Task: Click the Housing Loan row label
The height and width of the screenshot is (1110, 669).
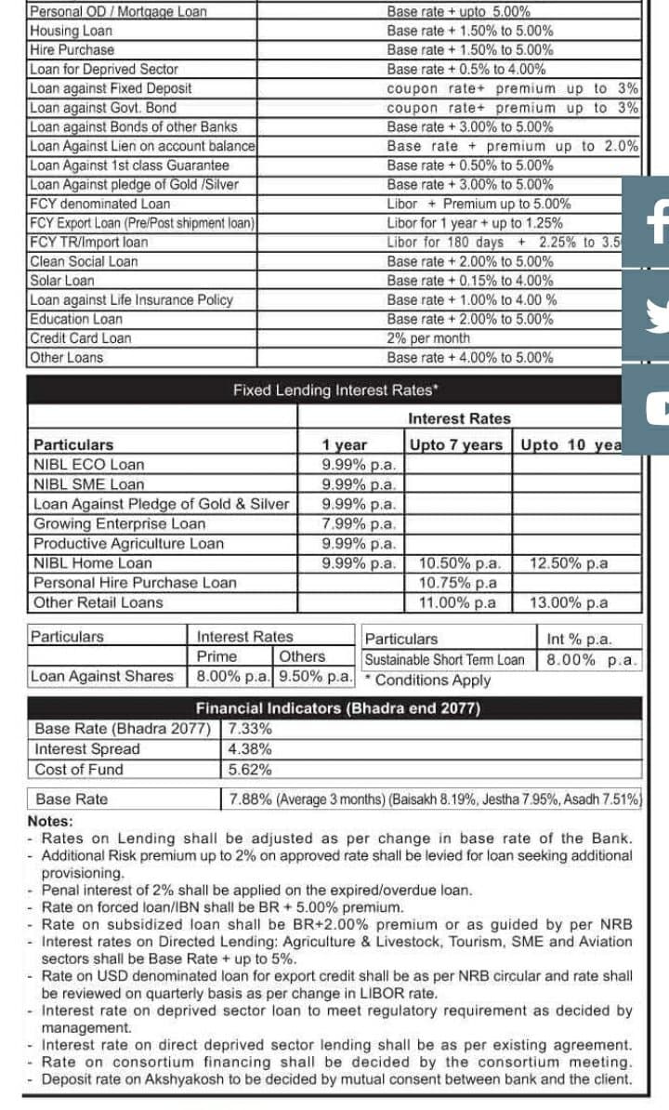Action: (x=72, y=31)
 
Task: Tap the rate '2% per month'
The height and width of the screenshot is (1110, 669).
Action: (x=428, y=338)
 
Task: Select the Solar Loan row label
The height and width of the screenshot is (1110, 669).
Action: (x=62, y=281)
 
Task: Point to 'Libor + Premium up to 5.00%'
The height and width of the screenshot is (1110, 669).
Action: (x=479, y=204)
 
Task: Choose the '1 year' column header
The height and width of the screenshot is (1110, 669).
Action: (x=345, y=444)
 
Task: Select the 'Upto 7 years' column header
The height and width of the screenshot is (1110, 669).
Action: (x=455, y=444)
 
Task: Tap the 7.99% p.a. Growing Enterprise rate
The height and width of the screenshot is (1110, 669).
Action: (x=359, y=523)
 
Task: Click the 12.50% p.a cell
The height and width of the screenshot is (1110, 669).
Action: (x=569, y=563)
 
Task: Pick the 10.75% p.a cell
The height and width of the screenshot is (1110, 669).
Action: (x=458, y=583)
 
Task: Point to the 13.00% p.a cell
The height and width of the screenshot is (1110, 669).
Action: (x=569, y=602)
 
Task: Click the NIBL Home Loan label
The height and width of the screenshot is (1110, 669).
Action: (x=93, y=563)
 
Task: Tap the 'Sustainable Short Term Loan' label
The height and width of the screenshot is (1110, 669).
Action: (x=444, y=660)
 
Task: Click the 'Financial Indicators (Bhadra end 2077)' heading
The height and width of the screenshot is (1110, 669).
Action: (x=337, y=708)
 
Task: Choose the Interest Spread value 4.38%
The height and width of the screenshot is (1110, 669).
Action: (x=249, y=749)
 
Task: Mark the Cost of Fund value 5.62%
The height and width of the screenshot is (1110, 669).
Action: (x=249, y=770)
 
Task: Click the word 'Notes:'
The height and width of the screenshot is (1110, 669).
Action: (x=50, y=822)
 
